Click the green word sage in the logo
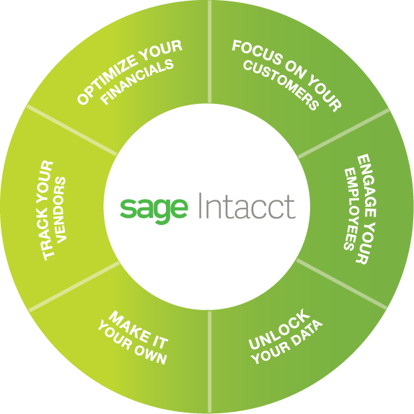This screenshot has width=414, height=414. click(154, 211)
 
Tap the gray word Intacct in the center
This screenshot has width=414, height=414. click(247, 206)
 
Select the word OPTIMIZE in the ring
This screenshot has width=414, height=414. click(107, 82)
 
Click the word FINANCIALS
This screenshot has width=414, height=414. click(138, 82)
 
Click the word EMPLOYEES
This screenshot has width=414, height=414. click(351, 209)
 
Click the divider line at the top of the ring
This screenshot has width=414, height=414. click(210, 51)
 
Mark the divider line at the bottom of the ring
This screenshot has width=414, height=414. click(210, 362)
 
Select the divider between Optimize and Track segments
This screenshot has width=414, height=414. click(72, 130)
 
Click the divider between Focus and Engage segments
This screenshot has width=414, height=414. click(344, 134)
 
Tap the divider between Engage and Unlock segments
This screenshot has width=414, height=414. click(342, 284)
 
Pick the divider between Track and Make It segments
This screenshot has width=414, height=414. click(74, 287)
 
